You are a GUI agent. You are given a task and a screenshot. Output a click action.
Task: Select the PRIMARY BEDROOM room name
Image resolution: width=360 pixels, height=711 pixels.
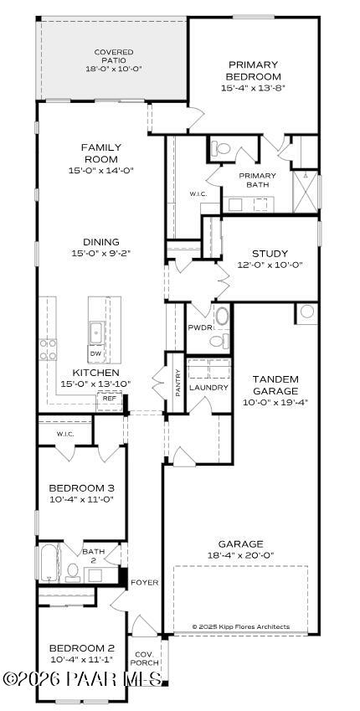(x=253, y=70)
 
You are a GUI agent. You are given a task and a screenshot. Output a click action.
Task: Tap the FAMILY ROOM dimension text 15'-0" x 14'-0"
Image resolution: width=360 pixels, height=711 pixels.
(x=100, y=170)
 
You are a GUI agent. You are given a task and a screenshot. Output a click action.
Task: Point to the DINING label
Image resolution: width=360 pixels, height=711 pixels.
(x=100, y=241)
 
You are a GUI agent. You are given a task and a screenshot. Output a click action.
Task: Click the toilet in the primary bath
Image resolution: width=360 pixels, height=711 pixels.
(x=221, y=148)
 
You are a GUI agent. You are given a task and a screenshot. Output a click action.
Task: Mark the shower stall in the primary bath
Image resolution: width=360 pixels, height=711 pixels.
(x=306, y=192)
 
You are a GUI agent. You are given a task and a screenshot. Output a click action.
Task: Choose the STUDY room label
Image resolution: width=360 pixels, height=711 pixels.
(x=270, y=254)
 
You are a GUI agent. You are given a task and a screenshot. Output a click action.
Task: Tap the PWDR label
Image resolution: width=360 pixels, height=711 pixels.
(x=199, y=328)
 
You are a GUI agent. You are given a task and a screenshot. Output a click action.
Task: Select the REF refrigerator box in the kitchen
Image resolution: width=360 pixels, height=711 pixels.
(x=109, y=399)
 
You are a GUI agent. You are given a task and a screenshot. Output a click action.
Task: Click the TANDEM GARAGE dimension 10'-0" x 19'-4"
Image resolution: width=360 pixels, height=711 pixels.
(x=275, y=402)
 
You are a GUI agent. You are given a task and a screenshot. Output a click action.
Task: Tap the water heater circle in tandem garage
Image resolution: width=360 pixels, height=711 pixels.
(x=306, y=312)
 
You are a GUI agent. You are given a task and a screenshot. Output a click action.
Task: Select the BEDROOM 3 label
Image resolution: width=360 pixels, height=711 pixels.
(x=81, y=488)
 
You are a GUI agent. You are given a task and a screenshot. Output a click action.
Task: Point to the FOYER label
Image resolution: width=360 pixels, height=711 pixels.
(x=144, y=582)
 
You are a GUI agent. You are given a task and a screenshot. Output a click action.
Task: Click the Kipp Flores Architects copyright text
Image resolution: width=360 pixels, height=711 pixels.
(x=240, y=626)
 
